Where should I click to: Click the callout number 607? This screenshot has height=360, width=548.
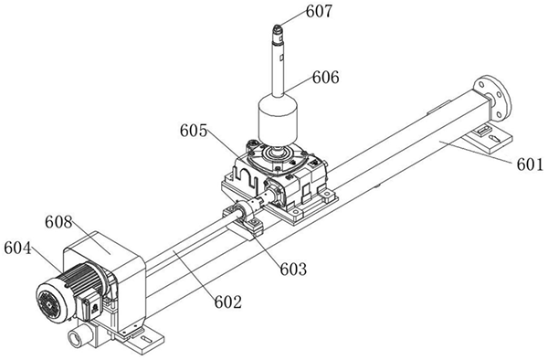tap(319, 12)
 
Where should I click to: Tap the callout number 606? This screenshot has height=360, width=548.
tap(326, 78)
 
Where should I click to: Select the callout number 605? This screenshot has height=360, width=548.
tap(194, 131)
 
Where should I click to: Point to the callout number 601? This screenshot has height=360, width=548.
tap(530, 164)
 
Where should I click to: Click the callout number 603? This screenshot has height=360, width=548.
tap(293, 269)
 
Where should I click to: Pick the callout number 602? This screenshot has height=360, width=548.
tap(227, 302)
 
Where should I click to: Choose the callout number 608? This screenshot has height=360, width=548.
tap(58, 222)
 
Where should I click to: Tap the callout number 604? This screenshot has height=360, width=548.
tap(17, 249)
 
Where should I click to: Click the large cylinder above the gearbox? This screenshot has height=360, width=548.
tap(278, 119)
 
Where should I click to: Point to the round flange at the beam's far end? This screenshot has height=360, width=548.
tap(492, 98)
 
